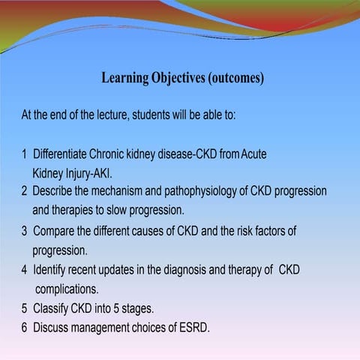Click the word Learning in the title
pyautogui.click(x=124, y=79)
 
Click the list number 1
pyautogui.click(x=24, y=154)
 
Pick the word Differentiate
pyautogui.click(x=60, y=154)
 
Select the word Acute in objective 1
pyautogui.click(x=254, y=154)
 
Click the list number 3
pyautogui.click(x=24, y=231)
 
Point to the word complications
pyautogui.click(x=69, y=288)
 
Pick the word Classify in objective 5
pyautogui.click(x=52, y=308)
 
